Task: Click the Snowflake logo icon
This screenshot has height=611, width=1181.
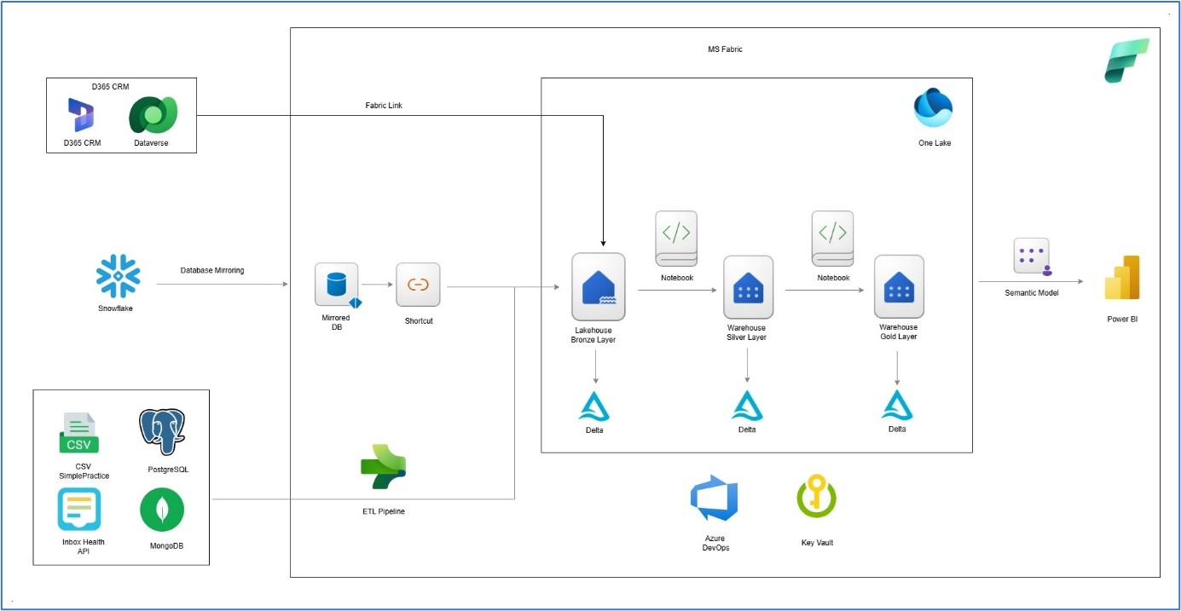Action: tap(118, 275)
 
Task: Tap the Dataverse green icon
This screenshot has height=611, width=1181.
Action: tap(153, 115)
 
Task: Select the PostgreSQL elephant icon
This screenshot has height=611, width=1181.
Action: tap(162, 431)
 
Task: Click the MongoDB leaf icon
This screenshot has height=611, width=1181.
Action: tap(162, 510)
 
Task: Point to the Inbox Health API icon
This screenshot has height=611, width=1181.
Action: tap(79, 510)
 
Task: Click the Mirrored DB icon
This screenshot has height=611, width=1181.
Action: tap(337, 285)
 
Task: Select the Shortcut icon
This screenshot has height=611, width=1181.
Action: tap(418, 285)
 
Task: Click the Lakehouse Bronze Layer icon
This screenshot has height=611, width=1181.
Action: tap(598, 286)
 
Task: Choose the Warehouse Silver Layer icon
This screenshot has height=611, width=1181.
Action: tap(748, 287)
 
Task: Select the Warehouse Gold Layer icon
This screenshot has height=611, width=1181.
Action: tap(899, 286)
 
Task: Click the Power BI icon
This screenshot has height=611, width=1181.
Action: tap(1122, 278)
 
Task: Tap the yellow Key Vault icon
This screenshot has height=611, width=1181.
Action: tap(816, 498)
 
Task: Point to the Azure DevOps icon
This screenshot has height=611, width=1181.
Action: tap(715, 499)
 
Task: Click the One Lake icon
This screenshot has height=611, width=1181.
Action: tap(933, 108)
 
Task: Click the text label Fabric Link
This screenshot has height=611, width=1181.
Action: tap(383, 106)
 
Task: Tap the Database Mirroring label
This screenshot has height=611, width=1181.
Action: tap(212, 270)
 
